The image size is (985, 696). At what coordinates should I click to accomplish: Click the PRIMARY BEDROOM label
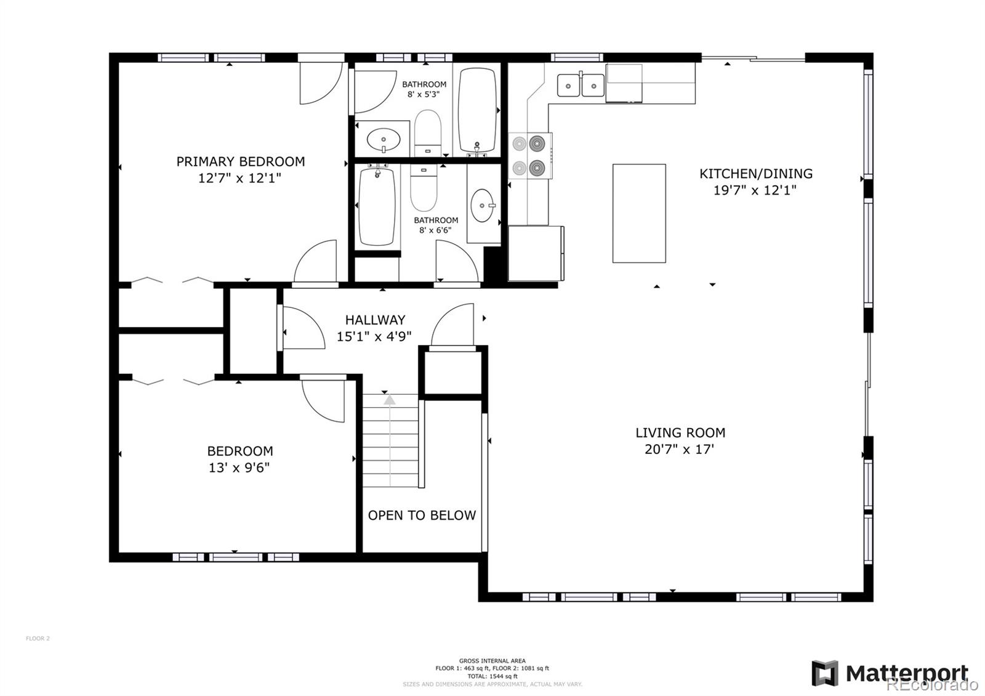pyautogui.click(x=240, y=162)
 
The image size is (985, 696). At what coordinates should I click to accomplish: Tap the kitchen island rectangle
pyautogui.click(x=639, y=213)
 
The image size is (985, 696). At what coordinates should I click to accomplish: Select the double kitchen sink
pyautogui.click(x=581, y=85)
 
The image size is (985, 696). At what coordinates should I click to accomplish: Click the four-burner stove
pyautogui.click(x=529, y=156)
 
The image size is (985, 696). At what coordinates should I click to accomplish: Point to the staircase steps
pyautogui.click(x=390, y=440)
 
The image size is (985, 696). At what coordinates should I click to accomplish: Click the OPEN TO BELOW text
pyautogui.click(x=422, y=516)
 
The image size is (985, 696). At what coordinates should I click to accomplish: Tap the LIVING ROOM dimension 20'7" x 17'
pyautogui.click(x=679, y=450)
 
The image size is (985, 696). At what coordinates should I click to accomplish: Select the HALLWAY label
pyautogui.click(x=375, y=320)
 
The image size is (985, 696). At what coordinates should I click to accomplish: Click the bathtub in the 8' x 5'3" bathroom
pyautogui.click(x=478, y=110)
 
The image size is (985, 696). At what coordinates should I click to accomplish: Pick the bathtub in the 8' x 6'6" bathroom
pyautogui.click(x=376, y=206)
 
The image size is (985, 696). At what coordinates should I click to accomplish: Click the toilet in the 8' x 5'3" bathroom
pyautogui.click(x=427, y=132)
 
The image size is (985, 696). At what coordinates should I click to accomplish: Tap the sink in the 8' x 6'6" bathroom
pyautogui.click(x=483, y=205)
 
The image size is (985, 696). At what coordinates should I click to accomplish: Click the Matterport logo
pyautogui.click(x=890, y=673)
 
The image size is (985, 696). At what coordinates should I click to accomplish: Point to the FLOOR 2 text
pyautogui.click(x=38, y=639)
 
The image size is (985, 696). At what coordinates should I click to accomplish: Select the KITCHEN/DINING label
pyautogui.click(x=755, y=174)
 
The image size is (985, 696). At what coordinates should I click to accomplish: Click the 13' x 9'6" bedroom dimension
pyautogui.click(x=239, y=468)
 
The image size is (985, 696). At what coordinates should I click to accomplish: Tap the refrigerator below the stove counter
pyautogui.click(x=534, y=253)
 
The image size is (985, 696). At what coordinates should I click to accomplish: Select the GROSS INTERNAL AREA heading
pyautogui.click(x=492, y=661)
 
